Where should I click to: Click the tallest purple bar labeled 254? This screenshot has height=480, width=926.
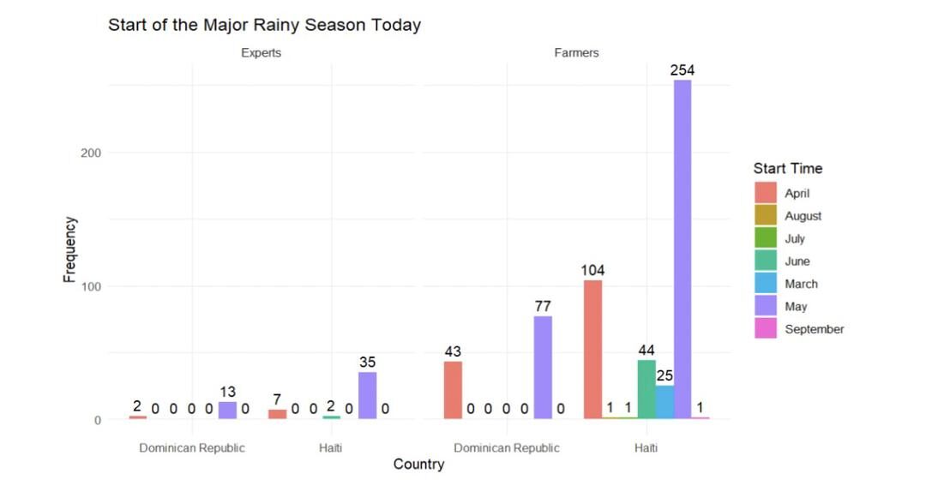point(682,249)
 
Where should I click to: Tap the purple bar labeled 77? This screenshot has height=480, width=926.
point(543,368)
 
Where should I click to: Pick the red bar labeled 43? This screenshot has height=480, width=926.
point(453,390)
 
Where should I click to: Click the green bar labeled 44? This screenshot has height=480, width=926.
point(646,389)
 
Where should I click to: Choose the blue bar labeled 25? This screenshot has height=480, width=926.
point(664,402)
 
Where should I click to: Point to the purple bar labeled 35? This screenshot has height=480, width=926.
point(367,395)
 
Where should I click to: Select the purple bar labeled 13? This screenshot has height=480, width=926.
point(227,411)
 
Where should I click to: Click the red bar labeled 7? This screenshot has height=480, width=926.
point(277,414)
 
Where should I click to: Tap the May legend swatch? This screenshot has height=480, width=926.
point(766,306)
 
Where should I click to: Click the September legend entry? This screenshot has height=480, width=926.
point(814,329)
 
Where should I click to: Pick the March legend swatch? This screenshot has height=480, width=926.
point(766,284)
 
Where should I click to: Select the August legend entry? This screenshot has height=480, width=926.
point(803,216)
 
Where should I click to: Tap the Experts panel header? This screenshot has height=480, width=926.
point(261,52)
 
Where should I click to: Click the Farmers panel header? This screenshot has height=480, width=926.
point(576,52)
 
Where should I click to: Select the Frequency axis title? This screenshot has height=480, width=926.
point(70,249)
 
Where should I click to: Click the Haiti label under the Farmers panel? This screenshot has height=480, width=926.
point(646,447)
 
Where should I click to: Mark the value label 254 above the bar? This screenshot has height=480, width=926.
point(682,70)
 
